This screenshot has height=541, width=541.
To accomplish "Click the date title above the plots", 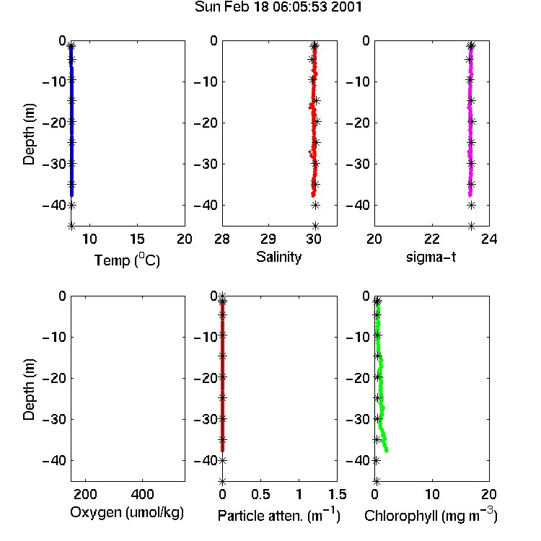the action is coord(278,7).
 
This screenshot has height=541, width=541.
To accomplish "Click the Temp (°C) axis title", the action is coord(127,260).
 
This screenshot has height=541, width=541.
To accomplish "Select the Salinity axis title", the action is coord(278,257).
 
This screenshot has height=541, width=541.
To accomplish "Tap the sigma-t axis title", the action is coord(431,257).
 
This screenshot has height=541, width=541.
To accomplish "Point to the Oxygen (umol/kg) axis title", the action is coord(127,513).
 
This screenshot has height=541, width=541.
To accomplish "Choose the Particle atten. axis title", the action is coord(279,516).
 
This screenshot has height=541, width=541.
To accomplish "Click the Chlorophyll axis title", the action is coord(431,516).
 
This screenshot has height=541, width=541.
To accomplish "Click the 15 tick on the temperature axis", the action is coord(137,239).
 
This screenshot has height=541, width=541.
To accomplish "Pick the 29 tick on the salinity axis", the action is coord(268,239).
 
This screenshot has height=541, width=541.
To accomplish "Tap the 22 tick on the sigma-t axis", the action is coord(431,239).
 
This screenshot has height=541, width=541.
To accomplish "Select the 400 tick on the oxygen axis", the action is coord(142,494).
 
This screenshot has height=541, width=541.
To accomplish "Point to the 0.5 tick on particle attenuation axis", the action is coord(260,494).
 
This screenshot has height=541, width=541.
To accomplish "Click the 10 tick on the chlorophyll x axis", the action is coord(432,494).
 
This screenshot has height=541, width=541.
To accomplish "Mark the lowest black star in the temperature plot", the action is coord(71,226).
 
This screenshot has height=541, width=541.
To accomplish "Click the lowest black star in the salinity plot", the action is coord(315,226).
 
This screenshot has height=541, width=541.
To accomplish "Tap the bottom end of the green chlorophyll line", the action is coord(387,451).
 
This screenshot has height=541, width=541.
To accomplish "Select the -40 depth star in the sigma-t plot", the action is coord(471,206).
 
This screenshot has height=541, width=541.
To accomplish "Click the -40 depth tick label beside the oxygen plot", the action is coord(54,460).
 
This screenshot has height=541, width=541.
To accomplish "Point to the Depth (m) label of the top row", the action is coord(29,134).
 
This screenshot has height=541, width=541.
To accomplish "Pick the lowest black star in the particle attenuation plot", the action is coord(223,481).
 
